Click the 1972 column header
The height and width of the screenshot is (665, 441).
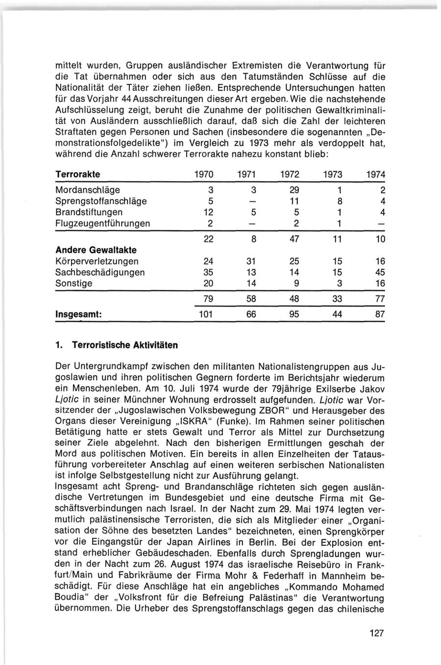[291, 175]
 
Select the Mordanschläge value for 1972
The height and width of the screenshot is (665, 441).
[294, 190]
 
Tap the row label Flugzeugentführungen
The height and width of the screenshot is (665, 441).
[103, 224]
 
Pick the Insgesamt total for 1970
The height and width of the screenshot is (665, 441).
[205, 314]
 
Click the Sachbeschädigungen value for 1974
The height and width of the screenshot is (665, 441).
[380, 272]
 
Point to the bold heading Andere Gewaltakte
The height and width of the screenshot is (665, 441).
[96, 250]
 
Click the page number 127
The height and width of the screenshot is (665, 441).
[376, 633]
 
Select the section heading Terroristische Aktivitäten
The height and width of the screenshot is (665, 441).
[124, 345]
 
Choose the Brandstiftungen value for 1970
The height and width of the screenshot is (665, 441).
[207, 212]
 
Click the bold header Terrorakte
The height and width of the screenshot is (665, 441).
[78, 175]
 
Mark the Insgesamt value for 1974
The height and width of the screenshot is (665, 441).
[380, 314]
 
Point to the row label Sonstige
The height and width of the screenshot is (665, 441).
[74, 283]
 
